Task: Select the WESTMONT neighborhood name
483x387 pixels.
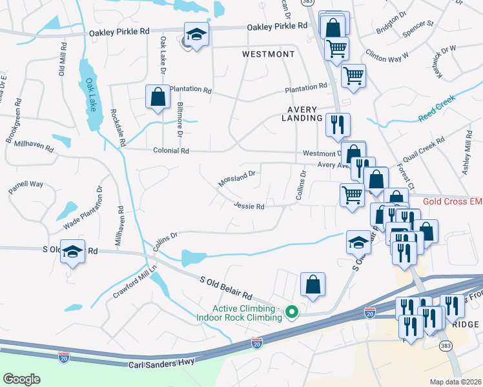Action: [x=268, y=54]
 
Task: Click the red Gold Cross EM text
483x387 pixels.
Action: [x=452, y=202]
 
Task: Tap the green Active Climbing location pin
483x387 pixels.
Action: [x=291, y=313]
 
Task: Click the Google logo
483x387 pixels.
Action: [x=21, y=379]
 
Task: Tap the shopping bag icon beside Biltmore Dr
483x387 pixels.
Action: [x=158, y=97]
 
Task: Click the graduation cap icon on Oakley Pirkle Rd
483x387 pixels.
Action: [x=196, y=34]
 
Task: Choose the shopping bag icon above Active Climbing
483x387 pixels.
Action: [x=313, y=284]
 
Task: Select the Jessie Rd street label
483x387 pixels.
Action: [x=249, y=206]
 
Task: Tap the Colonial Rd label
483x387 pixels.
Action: [x=170, y=151]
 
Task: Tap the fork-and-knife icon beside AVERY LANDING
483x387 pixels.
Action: [x=338, y=124]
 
